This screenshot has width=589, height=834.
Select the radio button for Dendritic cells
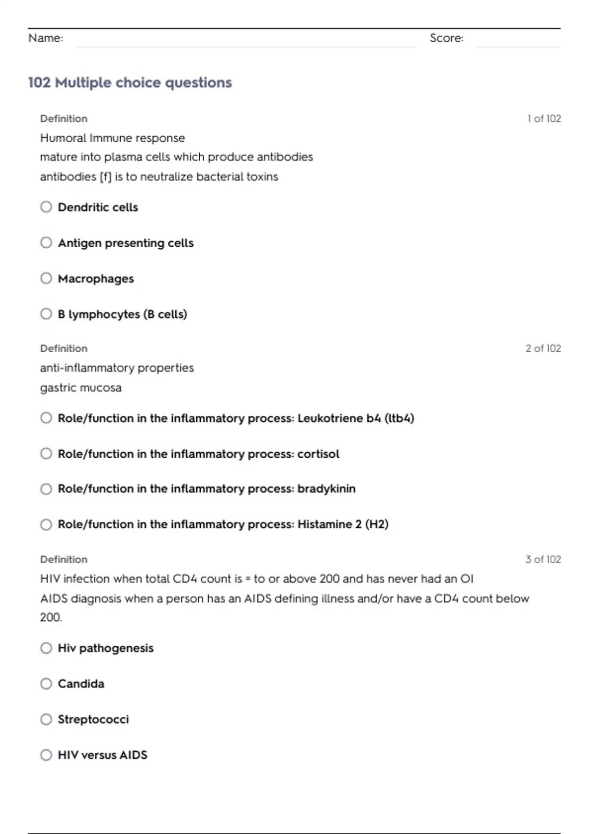coord(46,207)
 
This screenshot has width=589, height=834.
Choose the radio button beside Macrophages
coord(46,278)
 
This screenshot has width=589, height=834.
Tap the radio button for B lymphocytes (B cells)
coord(46,314)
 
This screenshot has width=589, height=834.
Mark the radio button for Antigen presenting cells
coord(46,242)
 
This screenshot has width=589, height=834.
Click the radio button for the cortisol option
coord(46,454)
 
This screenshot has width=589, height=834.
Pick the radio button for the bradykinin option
coord(46,489)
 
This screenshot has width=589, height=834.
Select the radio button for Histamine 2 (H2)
coord(46,524)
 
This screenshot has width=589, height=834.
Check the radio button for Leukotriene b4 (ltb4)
coord(46,418)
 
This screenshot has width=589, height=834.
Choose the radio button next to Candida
coord(46,683)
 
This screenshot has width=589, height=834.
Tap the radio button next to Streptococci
coord(46,719)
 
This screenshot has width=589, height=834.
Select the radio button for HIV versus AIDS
coord(46,755)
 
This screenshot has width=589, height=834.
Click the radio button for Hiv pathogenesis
coord(46,648)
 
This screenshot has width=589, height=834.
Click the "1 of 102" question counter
coord(544,119)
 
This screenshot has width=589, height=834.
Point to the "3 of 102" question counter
coord(543,559)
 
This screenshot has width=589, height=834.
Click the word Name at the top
coord(45,38)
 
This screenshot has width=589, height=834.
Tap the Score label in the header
coord(446,38)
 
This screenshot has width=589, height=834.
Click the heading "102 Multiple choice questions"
coord(130,82)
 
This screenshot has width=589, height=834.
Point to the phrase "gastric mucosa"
coord(81,388)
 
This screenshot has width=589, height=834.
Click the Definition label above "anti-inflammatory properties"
coord(64,348)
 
